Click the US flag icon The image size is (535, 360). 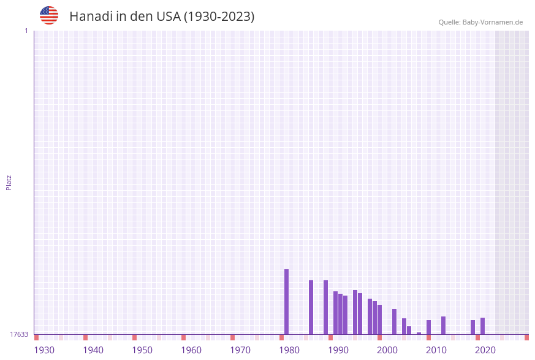[49, 15]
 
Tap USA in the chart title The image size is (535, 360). [168, 17]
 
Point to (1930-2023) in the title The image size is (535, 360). [219, 17]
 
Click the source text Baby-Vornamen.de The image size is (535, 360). [492, 22]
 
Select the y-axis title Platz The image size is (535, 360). [9, 182]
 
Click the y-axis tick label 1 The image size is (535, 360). [26, 31]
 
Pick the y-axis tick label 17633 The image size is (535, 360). [19, 334]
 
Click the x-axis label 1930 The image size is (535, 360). [44, 350]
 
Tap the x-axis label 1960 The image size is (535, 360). [191, 350]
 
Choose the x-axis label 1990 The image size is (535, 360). [338, 350]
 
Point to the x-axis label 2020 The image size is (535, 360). [485, 350]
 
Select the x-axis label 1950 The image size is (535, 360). [142, 350]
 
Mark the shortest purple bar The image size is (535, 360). [419, 334]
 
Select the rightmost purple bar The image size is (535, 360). [483, 326]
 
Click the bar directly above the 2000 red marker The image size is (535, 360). [380, 320]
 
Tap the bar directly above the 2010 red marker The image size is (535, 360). [429, 327]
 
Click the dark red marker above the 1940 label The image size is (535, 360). [86, 337]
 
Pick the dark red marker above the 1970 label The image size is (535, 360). [233, 337]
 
